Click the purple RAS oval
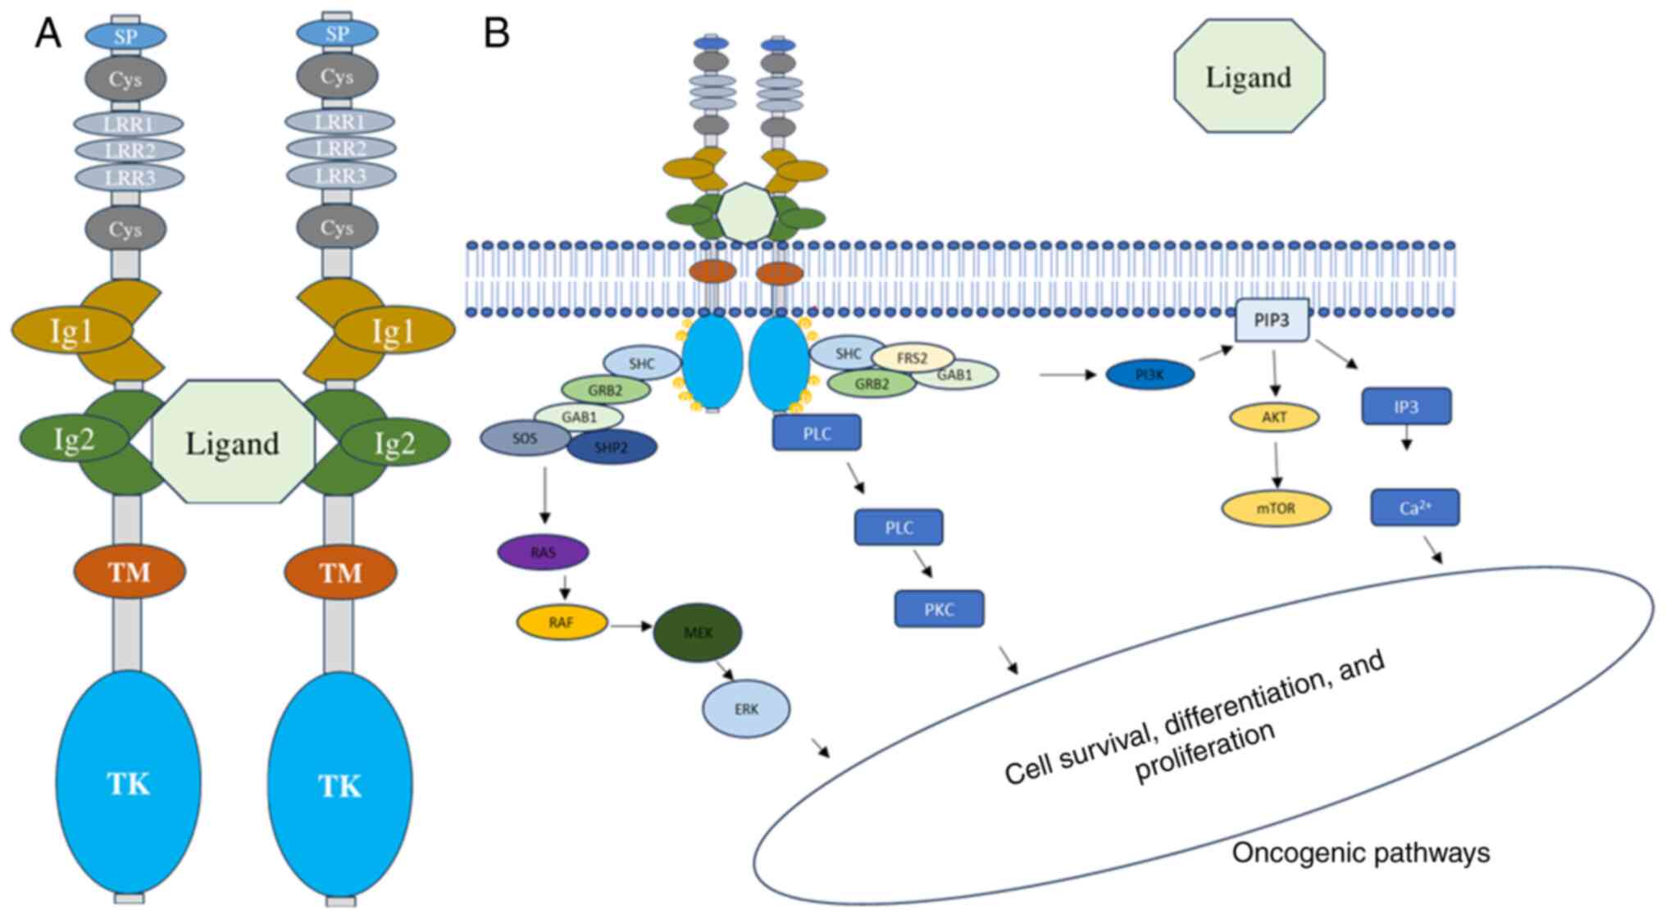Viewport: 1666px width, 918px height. pyautogui.click(x=543, y=552)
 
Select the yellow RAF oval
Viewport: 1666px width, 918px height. pyautogui.click(x=562, y=622)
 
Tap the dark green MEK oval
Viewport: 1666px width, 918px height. pyautogui.click(x=697, y=632)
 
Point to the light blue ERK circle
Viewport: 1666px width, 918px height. pyautogui.click(x=746, y=709)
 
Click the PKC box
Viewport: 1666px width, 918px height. pyautogui.click(x=939, y=609)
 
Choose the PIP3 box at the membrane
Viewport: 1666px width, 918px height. pyautogui.click(x=1272, y=320)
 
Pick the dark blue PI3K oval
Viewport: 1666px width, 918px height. pyautogui.click(x=1149, y=375)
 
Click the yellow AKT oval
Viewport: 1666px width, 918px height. pyautogui.click(x=1274, y=417)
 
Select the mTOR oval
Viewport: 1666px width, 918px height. pyautogui.click(x=1276, y=508)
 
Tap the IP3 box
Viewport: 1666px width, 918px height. pyautogui.click(x=1406, y=407)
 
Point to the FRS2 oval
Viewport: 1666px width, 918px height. pyautogui.click(x=913, y=357)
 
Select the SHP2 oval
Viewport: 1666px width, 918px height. pyautogui.click(x=612, y=448)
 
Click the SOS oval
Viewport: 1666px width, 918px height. pyautogui.click(x=525, y=438)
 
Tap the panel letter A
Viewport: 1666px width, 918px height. pyautogui.click(x=48, y=34)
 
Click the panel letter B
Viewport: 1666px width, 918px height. pyautogui.click(x=497, y=34)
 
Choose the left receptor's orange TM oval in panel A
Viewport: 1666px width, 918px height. pyautogui.click(x=130, y=571)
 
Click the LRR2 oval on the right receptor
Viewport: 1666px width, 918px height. pyautogui.click(x=340, y=148)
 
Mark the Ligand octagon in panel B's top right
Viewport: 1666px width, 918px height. pyautogui.click(x=1249, y=76)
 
